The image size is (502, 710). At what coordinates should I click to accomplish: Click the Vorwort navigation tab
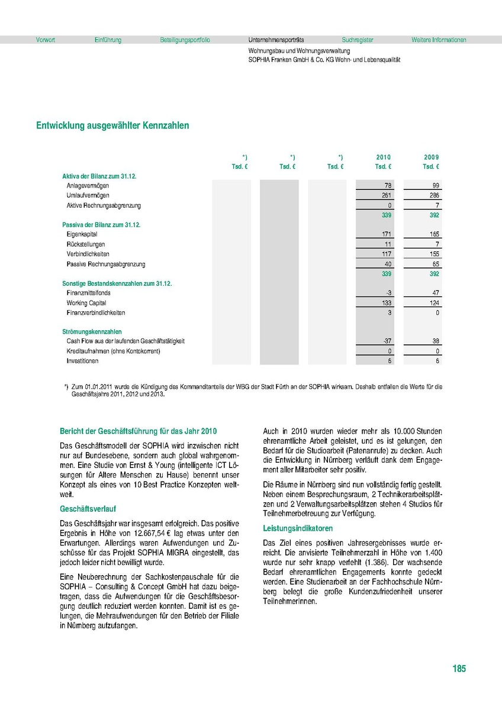coord(46,40)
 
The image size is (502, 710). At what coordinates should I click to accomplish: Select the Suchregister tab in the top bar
coord(358,40)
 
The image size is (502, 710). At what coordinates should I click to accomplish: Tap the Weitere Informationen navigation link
coord(439,40)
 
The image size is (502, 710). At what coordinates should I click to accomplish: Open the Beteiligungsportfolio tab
coord(185,40)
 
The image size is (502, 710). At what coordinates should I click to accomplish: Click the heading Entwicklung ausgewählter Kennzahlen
coord(112,125)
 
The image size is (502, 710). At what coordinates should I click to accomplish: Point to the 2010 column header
coord(383,157)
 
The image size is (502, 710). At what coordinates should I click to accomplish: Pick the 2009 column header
coord(431,157)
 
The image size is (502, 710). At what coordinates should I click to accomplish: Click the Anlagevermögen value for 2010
coord(388,186)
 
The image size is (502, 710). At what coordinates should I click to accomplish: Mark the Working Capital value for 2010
coord(386,303)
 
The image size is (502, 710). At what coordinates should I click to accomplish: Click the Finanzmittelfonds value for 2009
coord(435,293)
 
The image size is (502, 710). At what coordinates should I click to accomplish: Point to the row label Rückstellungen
coord(86,244)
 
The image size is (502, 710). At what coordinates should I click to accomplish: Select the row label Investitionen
coord(83,361)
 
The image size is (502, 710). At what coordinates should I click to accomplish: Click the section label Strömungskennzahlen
coord(92,332)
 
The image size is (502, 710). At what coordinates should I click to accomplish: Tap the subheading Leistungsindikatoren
coord(298,528)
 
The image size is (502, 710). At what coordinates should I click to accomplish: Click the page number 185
coord(459,669)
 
